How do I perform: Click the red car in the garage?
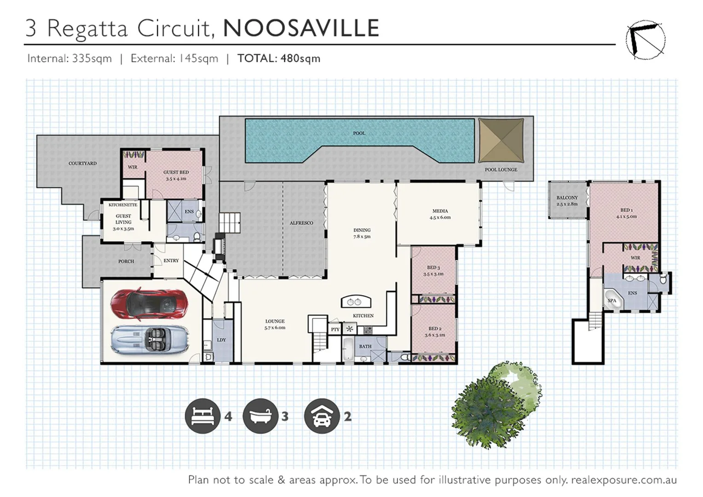[x=149, y=304]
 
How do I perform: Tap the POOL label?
[x=359, y=133]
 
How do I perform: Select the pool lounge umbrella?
[x=501, y=140]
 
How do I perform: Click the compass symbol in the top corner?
[x=645, y=40]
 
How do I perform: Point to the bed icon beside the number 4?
[x=202, y=416]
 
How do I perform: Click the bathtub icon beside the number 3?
[x=260, y=416]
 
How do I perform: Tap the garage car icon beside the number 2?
[x=322, y=416]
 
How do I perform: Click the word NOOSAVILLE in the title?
[x=301, y=28]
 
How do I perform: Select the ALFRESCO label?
[x=301, y=223]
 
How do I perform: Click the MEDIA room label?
[x=440, y=211]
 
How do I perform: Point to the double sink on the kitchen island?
[x=356, y=302]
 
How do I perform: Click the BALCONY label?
[x=567, y=198]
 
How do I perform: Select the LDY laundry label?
[x=221, y=340]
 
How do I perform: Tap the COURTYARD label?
[x=82, y=163]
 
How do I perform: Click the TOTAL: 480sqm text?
[x=279, y=58]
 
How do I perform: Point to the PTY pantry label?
[x=335, y=329]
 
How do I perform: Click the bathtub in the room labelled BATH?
[x=348, y=350]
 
